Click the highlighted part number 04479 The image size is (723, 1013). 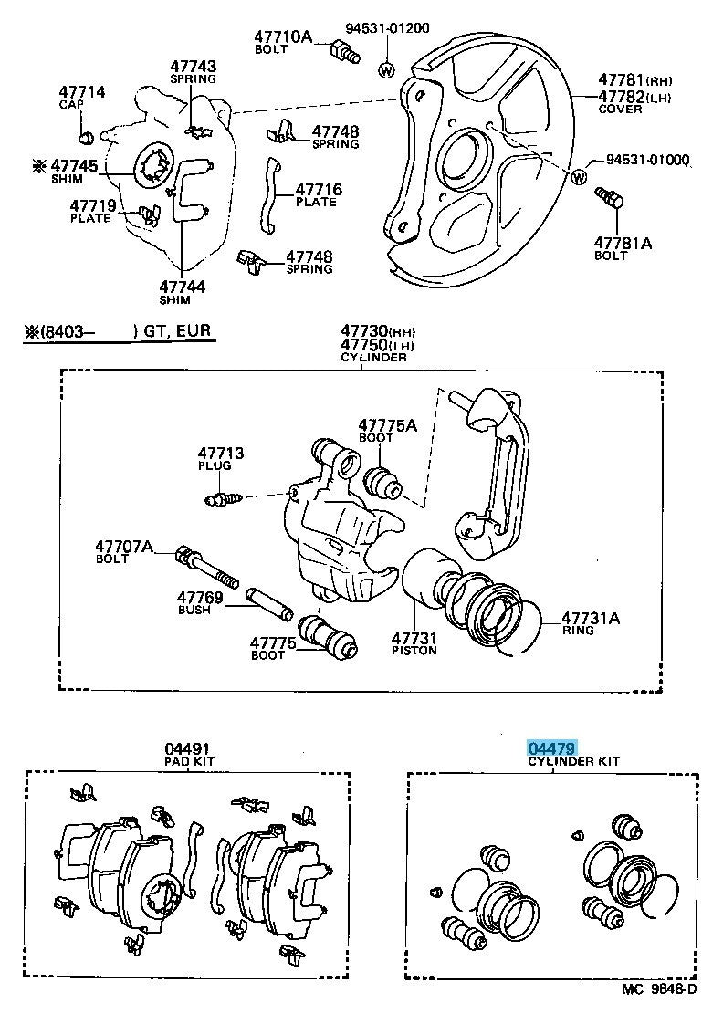(551, 748)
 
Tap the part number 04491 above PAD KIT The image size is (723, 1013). (186, 748)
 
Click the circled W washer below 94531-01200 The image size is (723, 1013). (386, 69)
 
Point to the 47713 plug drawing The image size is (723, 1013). (224, 498)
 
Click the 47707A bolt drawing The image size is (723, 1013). (208, 566)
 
